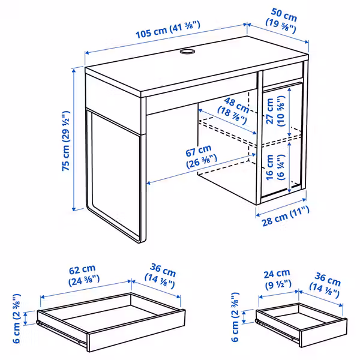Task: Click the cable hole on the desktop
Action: point(187,53)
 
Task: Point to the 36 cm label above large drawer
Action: point(160,275)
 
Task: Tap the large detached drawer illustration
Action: point(111,321)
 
